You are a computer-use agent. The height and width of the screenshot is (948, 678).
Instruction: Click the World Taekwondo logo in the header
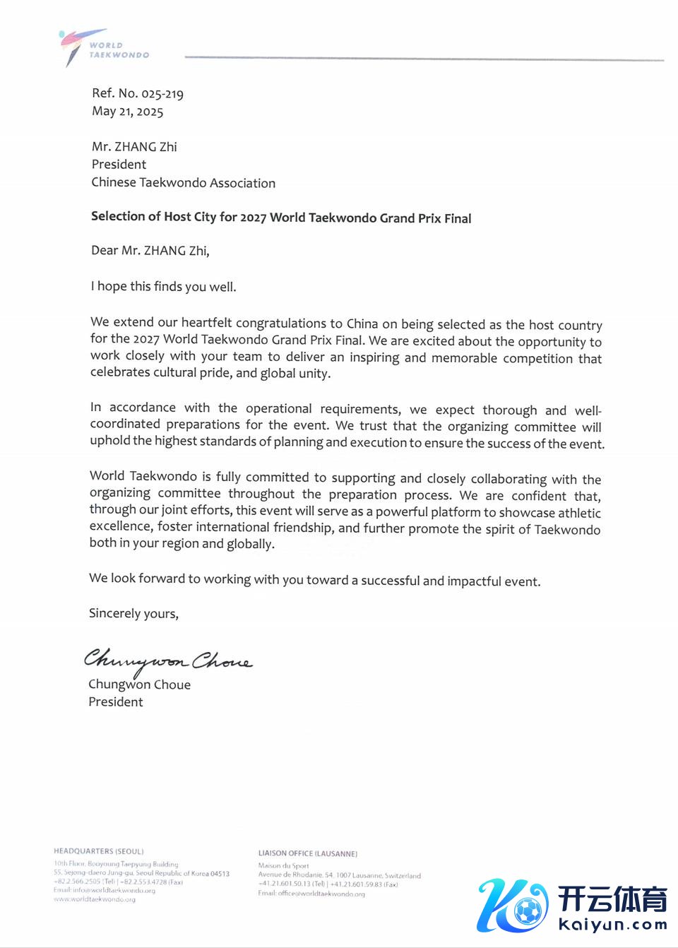[x=102, y=47]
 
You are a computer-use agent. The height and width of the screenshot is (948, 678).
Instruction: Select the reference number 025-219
[x=162, y=94]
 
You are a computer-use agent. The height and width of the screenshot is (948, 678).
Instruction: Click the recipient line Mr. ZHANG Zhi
[x=134, y=147]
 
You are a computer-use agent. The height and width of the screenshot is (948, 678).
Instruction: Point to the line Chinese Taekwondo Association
[x=183, y=183]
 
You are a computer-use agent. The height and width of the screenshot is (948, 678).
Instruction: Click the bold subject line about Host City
[x=281, y=218]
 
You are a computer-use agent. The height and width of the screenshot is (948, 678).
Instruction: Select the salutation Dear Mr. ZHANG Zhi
[x=150, y=251]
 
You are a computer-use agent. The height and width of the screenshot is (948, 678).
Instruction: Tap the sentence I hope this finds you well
[x=163, y=287]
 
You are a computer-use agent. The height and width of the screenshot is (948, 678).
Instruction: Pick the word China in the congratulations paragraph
[x=362, y=324]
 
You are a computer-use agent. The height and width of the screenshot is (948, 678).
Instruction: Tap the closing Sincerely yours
[x=133, y=613]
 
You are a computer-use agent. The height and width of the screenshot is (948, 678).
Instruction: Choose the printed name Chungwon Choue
[x=139, y=685]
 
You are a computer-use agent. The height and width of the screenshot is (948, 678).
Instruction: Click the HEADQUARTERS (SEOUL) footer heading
[x=98, y=851]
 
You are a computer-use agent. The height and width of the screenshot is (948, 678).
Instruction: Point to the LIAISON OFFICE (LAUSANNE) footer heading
[x=307, y=853]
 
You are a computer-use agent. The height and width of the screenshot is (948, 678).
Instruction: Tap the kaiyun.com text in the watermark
[x=612, y=924]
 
